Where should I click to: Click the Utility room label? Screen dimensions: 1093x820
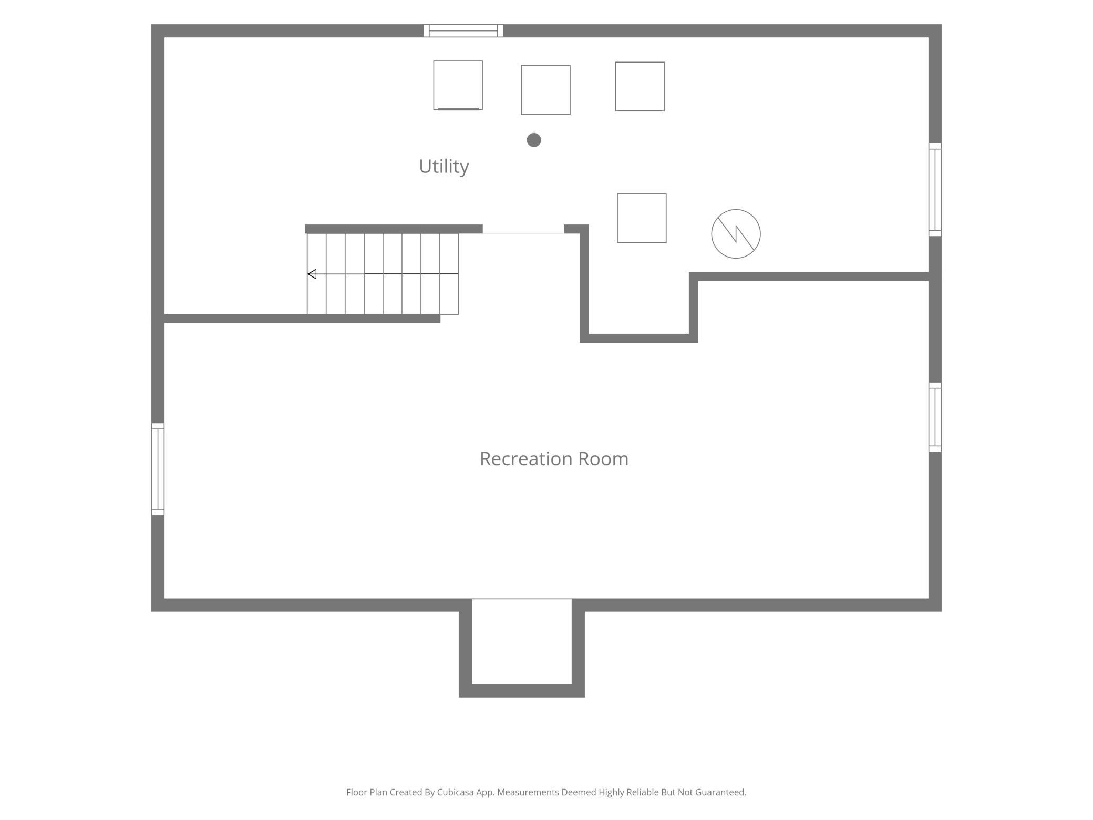pos(444,167)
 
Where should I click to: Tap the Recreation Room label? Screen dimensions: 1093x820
pos(554,459)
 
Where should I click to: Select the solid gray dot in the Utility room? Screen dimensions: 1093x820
pos(534,140)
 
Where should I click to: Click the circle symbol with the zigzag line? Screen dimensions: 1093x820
pos(736,234)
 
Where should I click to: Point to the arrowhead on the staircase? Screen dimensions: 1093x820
pos(312,274)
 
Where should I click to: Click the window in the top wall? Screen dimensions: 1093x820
pos(463,30)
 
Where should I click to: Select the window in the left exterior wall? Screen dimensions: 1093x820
pos(158,469)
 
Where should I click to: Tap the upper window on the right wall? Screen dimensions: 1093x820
pos(935,190)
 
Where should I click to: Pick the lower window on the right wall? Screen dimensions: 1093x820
pos(935,417)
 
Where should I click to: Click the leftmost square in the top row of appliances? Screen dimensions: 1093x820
pos(458,85)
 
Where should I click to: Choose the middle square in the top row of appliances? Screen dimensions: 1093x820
pos(545,90)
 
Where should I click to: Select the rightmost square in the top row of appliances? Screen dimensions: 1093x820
pos(640,87)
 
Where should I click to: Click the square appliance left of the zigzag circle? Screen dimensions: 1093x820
pos(642,218)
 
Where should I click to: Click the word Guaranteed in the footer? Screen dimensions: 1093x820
pos(720,792)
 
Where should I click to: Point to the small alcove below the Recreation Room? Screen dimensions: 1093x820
pos(522,641)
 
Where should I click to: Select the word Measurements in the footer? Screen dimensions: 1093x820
pos(528,792)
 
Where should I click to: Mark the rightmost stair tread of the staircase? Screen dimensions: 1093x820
pos(449,274)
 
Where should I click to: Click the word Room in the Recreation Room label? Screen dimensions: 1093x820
pos(603,459)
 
